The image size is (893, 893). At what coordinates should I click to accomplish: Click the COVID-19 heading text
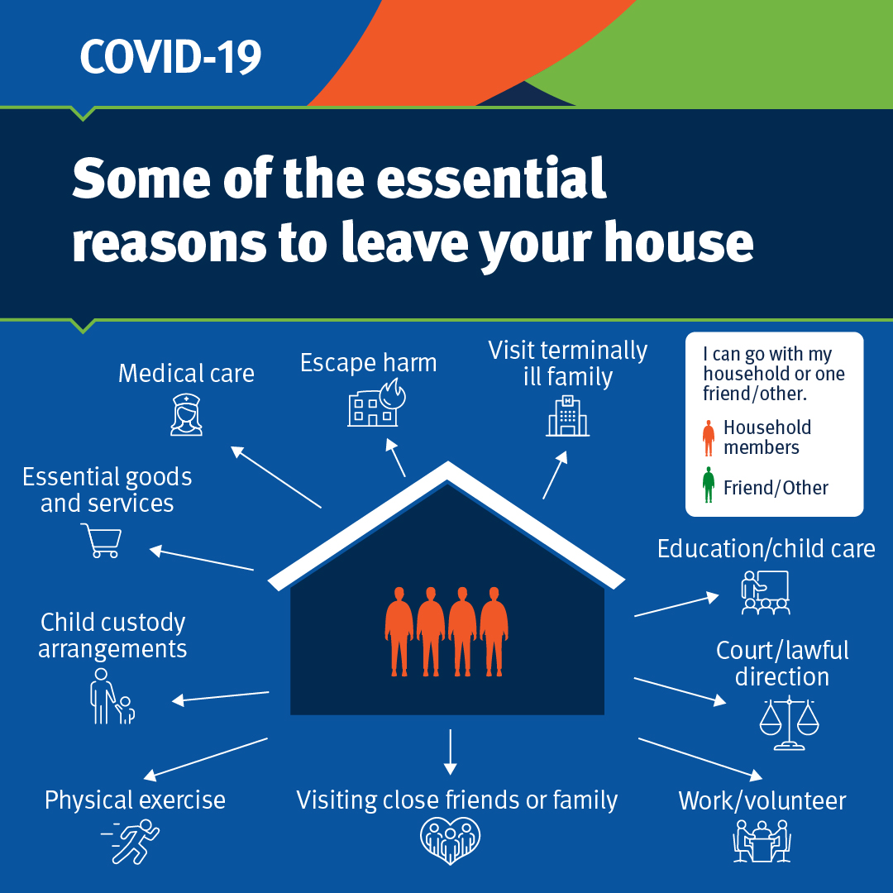point(170,56)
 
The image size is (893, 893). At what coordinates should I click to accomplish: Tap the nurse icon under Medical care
point(186,414)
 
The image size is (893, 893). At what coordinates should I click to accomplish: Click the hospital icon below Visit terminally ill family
point(567,415)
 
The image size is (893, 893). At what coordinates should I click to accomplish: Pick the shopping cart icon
point(102,541)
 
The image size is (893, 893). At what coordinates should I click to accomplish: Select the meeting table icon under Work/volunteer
point(762,842)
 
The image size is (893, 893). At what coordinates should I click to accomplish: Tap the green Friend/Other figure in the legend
point(709,485)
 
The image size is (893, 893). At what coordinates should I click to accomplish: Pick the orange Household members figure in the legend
point(709,438)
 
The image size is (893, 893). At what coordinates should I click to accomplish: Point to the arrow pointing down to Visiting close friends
point(450,752)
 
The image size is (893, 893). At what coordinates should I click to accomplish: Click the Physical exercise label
point(135,800)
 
